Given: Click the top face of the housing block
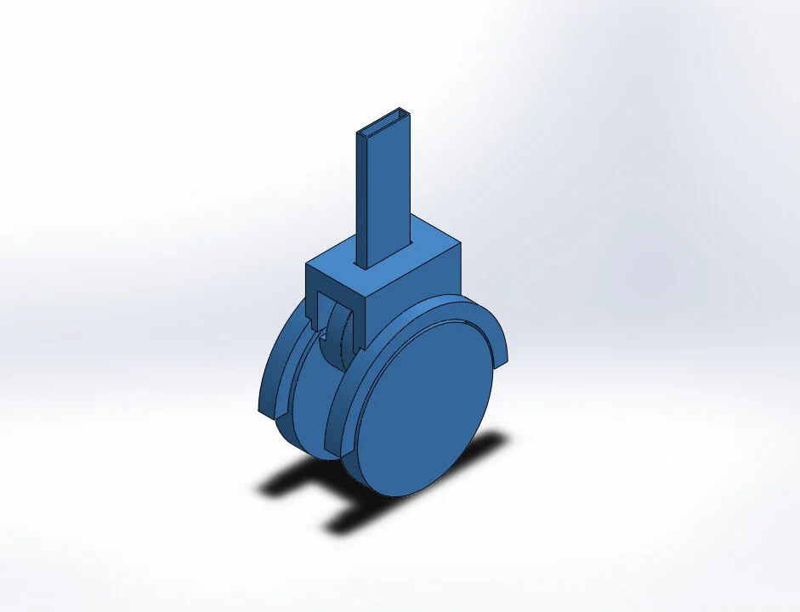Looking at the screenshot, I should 425,246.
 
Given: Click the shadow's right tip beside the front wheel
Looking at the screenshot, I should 502,438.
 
